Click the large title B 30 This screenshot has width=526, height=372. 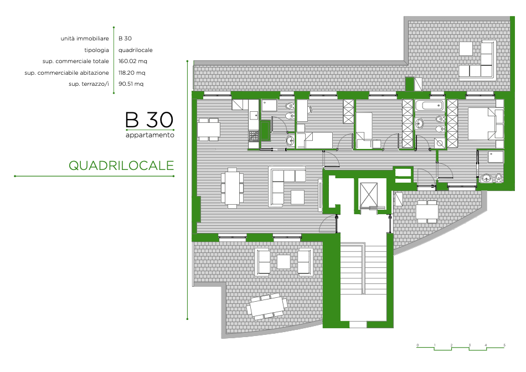click(149, 120)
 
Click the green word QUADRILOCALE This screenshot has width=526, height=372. click(121, 166)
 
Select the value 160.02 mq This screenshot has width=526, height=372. click(133, 61)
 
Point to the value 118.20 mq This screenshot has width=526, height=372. click(132, 73)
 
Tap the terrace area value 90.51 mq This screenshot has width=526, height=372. click(131, 84)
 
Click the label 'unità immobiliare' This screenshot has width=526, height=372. click(85, 39)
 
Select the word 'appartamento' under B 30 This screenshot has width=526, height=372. click(150, 135)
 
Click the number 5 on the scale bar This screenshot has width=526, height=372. click(504, 345)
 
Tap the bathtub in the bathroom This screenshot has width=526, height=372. click(430, 106)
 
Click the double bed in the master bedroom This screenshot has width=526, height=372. click(486, 123)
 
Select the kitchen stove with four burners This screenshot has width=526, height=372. click(254, 136)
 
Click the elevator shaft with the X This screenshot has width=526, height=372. click(368, 194)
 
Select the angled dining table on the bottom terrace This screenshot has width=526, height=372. click(267, 306)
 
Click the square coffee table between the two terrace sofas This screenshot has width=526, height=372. click(284, 262)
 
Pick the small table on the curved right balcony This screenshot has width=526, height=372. click(427, 212)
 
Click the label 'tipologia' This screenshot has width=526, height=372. click(96, 50)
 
